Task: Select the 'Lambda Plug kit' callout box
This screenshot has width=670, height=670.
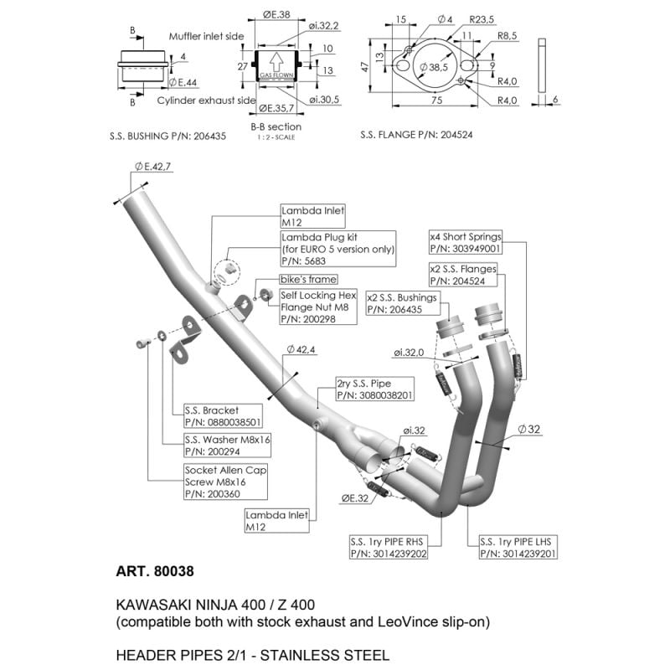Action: click(x=337, y=249)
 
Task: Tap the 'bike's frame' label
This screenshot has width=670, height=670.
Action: click(x=307, y=279)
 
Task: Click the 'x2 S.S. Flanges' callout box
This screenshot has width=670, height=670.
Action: click(x=462, y=276)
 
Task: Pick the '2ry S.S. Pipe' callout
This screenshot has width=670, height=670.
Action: click(x=374, y=388)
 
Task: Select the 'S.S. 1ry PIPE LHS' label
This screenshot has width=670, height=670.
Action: click(x=518, y=547)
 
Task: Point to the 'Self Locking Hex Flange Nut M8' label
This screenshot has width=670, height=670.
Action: click(x=318, y=307)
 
